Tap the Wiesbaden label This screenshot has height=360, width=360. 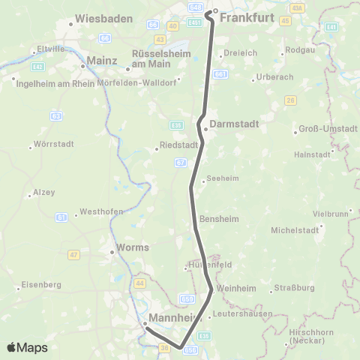(x=103, y=17)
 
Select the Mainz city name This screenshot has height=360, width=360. (x=103, y=60)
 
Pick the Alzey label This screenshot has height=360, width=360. (x=43, y=193)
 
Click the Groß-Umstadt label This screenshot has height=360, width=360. (x=328, y=128)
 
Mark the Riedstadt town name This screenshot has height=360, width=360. (x=178, y=146)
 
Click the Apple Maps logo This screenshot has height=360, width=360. (x=27, y=347)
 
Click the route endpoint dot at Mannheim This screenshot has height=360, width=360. (x=145, y=324)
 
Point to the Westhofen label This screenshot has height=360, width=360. (x=100, y=211)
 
